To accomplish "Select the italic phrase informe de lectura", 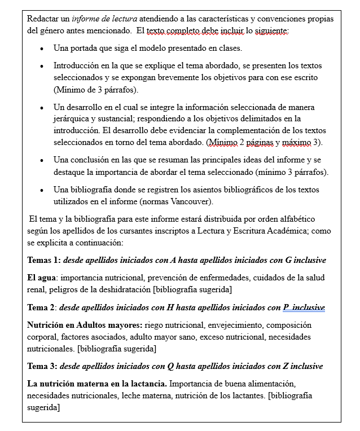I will (103, 19).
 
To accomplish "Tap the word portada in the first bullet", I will (87, 48).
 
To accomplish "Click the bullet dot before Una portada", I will (42, 49).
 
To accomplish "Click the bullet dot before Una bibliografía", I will (42, 190).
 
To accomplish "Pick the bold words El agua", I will (42, 278).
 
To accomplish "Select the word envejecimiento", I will (233, 325).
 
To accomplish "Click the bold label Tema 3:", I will (43, 366).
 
